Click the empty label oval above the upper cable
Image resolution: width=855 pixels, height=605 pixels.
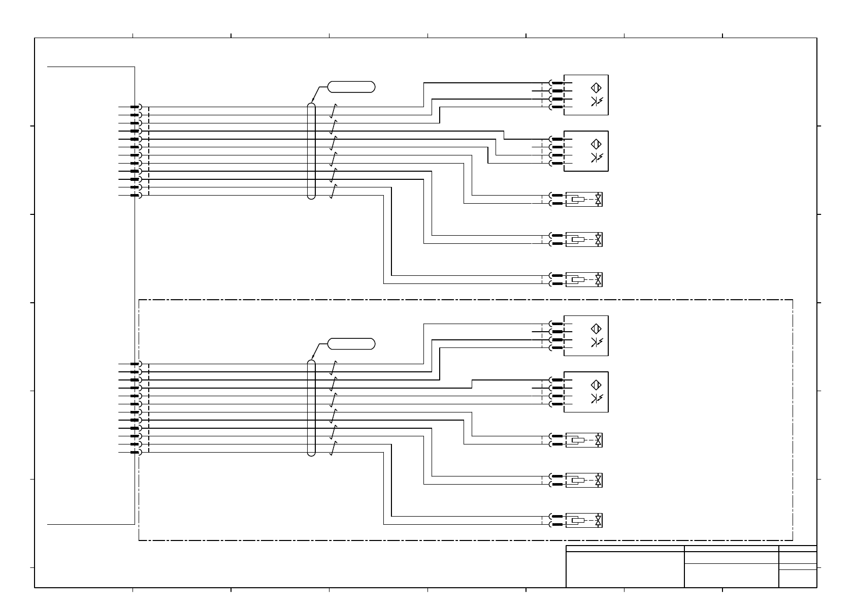tap(351, 86)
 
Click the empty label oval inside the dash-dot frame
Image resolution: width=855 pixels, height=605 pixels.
tap(351, 344)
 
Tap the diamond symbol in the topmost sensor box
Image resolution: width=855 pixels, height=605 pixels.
tap(597, 88)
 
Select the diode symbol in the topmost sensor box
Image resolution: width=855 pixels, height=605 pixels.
tap(596, 102)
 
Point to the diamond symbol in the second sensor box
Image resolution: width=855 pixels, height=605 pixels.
tap(597, 144)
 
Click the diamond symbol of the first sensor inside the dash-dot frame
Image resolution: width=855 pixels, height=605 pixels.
tap(597, 329)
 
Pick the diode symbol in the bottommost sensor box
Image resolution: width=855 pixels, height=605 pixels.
tap(596, 398)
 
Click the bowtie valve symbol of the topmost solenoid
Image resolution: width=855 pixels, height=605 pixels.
tap(599, 200)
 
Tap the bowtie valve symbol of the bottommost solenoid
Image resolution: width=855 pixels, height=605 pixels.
tap(599, 521)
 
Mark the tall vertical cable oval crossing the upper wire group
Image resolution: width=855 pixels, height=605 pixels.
tap(311, 151)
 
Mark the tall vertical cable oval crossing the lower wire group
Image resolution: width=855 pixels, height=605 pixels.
tap(311, 408)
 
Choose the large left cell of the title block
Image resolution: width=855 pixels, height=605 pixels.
tap(624, 569)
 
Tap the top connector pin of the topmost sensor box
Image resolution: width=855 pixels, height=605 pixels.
tap(557, 83)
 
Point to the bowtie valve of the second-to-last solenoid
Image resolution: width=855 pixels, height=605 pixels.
tap(599, 480)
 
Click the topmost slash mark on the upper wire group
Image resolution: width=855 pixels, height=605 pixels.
tap(334, 111)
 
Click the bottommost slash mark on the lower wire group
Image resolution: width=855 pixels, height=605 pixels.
tap(334, 449)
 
